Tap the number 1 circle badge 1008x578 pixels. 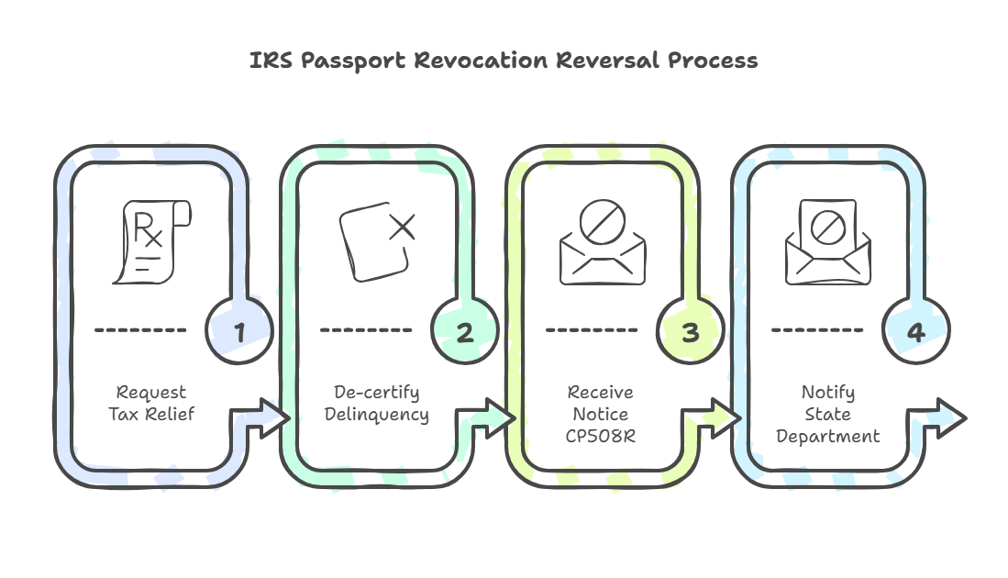(x=239, y=330)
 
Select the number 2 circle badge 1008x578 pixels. (x=465, y=330)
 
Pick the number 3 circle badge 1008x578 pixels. (x=690, y=330)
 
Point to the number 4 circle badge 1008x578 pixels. (x=915, y=330)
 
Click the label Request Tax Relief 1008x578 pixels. (x=151, y=404)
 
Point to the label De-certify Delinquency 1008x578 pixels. (x=376, y=404)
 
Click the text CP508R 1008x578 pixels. (x=602, y=436)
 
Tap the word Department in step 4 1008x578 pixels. (x=827, y=437)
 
